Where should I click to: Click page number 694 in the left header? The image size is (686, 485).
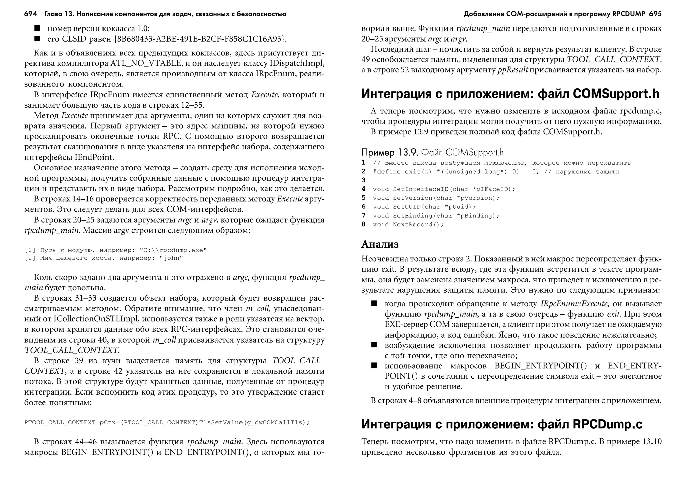click(30, 14)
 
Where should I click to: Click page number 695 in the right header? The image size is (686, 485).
click(655, 14)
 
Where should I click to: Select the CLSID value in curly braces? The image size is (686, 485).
click(201, 39)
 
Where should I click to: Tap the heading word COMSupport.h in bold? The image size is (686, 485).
click(616, 94)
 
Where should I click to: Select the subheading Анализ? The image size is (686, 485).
click(380, 244)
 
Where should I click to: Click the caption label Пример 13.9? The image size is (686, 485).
click(390, 153)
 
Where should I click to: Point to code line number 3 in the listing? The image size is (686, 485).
click(364, 180)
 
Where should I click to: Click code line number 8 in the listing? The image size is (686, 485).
click(364, 224)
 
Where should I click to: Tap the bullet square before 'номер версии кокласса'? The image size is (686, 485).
click(37, 28)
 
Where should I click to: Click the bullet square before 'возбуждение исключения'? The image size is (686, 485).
click(374, 345)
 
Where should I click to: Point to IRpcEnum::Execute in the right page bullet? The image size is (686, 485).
click(574, 304)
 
